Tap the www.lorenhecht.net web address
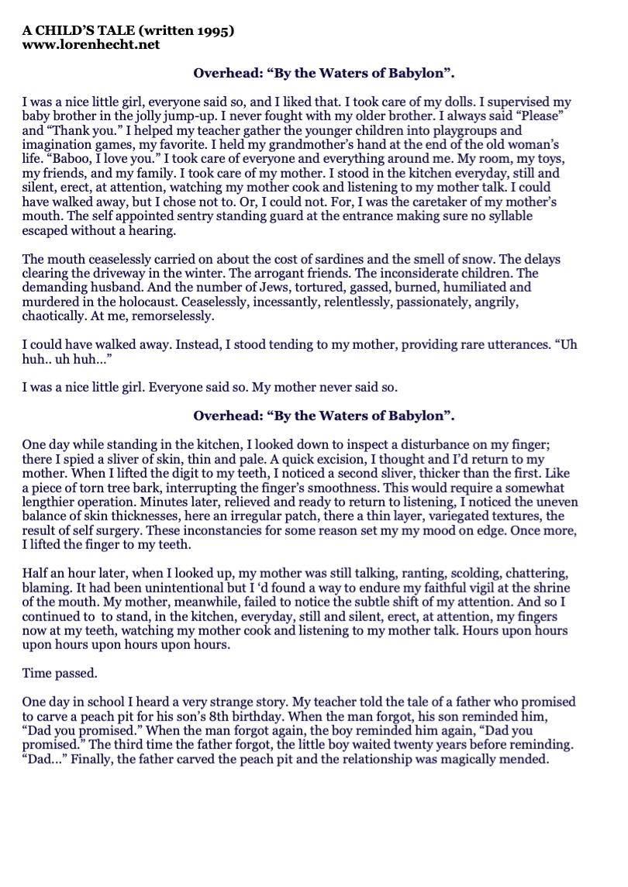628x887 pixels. (x=91, y=45)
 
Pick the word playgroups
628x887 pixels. (x=463, y=130)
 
